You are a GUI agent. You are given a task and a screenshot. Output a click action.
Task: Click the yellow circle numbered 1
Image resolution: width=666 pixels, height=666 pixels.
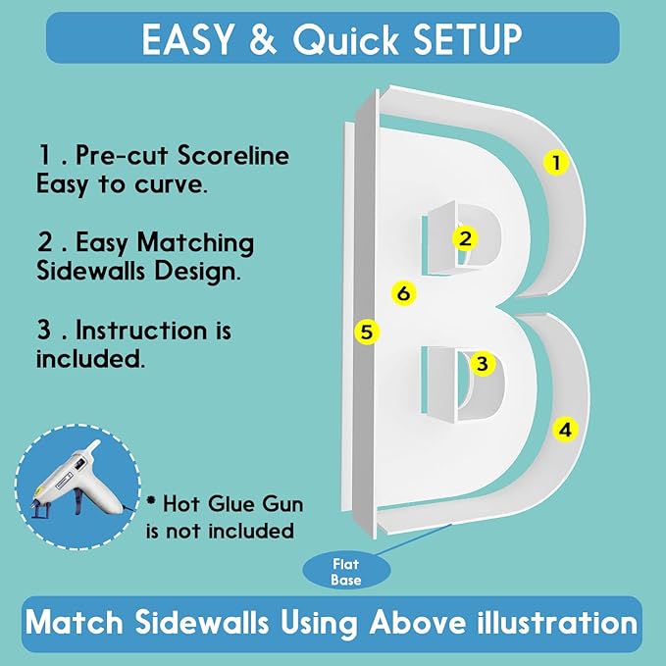coord(556,162)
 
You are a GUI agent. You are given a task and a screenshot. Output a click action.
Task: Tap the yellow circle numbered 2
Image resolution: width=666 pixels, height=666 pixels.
coord(465,238)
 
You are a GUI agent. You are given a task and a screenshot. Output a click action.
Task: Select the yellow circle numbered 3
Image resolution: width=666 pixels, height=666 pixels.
coord(482,364)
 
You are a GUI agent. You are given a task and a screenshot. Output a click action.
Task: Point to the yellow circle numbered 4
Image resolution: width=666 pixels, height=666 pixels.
coord(565,430)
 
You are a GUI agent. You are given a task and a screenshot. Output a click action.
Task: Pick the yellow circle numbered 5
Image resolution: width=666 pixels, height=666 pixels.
coord(367,332)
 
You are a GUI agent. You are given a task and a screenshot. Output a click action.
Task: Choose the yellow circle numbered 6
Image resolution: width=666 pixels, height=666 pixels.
coord(403,293)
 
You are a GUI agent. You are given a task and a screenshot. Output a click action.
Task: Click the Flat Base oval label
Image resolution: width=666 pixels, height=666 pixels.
coord(346,572)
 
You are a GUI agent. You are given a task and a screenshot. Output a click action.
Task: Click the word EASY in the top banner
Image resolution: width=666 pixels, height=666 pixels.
coord(187,39)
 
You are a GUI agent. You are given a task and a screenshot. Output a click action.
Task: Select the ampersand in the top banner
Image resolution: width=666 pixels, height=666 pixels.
coord(263,39)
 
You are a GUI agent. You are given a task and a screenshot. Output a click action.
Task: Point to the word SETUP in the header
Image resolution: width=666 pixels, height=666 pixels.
coord(467,39)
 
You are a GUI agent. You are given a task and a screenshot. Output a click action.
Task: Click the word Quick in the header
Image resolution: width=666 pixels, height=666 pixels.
coord(345,39)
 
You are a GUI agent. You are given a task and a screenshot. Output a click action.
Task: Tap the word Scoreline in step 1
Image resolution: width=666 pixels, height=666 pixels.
coord(233,155)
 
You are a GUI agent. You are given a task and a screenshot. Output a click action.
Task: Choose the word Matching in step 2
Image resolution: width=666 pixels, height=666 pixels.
coord(195,244)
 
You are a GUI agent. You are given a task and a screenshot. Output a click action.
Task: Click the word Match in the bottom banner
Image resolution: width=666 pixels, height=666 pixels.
coord(75,622)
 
